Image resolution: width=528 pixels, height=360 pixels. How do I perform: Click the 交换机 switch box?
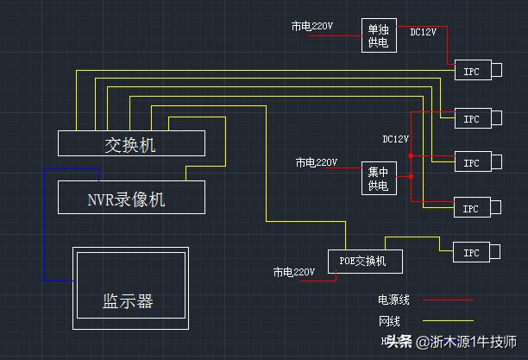(x=131, y=143)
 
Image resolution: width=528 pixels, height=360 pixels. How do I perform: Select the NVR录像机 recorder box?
(x=131, y=198)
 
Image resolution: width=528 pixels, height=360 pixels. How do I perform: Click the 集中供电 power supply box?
(x=378, y=178)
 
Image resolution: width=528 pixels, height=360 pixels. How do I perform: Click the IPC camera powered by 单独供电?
(x=471, y=71)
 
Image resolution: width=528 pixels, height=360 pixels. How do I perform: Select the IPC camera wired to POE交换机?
(x=471, y=253)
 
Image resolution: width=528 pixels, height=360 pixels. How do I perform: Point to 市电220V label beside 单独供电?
(x=311, y=27)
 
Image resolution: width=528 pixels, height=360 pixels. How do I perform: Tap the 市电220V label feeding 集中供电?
(x=316, y=161)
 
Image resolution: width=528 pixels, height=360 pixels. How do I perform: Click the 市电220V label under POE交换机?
(x=294, y=272)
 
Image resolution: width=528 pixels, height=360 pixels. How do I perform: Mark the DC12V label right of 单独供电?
(x=423, y=32)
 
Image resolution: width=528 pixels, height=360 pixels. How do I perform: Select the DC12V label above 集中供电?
(x=395, y=138)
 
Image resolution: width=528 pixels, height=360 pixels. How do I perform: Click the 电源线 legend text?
(x=393, y=300)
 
